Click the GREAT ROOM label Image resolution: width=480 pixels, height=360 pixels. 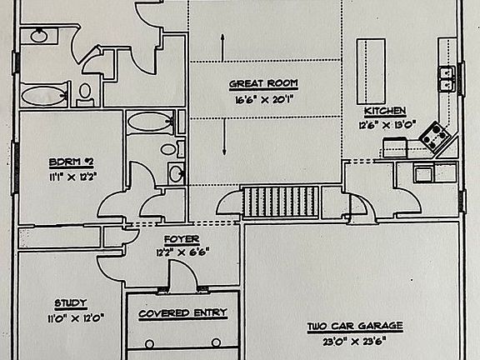[x=263, y=83]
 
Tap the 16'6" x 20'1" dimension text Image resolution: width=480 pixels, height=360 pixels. [x=264, y=99]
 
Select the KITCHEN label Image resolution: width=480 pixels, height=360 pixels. [x=385, y=111]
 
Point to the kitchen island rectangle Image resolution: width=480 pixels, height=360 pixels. [x=371, y=72]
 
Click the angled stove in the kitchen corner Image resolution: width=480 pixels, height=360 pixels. [x=435, y=137]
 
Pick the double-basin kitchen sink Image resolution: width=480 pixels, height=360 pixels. [x=446, y=79]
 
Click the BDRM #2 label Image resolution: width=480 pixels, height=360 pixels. [x=71, y=162]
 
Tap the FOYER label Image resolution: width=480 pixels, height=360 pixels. [x=182, y=239]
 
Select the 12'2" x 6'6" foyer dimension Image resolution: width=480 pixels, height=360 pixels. [x=182, y=252]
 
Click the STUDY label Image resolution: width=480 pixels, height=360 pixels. [x=71, y=303]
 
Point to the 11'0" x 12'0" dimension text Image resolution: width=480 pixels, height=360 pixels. [x=76, y=318]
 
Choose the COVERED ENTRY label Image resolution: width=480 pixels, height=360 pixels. [x=182, y=313]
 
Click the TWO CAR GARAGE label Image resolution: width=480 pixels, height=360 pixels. [x=355, y=326]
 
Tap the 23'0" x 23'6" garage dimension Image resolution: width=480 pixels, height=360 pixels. [x=354, y=341]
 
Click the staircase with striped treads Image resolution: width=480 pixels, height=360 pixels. [x=280, y=202]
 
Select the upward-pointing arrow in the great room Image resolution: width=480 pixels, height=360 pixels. [x=222, y=47]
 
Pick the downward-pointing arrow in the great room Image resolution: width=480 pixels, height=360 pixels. [x=224, y=137]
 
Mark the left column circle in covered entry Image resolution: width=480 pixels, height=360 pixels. [x=149, y=344]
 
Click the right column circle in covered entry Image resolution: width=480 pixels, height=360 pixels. [x=216, y=342]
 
